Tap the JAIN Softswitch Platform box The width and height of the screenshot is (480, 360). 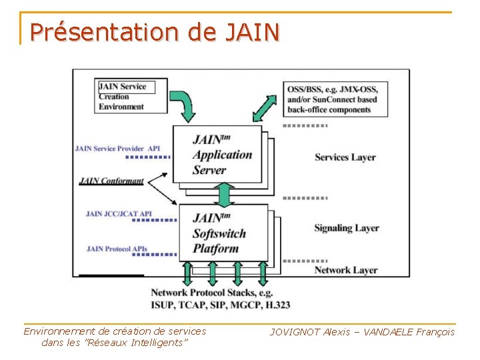(220, 233)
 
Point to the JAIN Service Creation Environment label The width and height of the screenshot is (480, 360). (123, 96)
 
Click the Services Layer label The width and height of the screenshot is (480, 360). (345, 157)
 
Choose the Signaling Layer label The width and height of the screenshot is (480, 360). (346, 228)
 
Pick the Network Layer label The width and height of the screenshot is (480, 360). (345, 270)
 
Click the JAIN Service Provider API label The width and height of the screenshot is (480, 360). (117, 148)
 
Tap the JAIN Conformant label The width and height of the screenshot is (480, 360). (111, 181)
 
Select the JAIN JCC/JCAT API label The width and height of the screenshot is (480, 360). (119, 214)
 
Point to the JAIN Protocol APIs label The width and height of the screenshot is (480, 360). (117, 249)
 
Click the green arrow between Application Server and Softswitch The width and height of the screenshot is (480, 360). (225, 193)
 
